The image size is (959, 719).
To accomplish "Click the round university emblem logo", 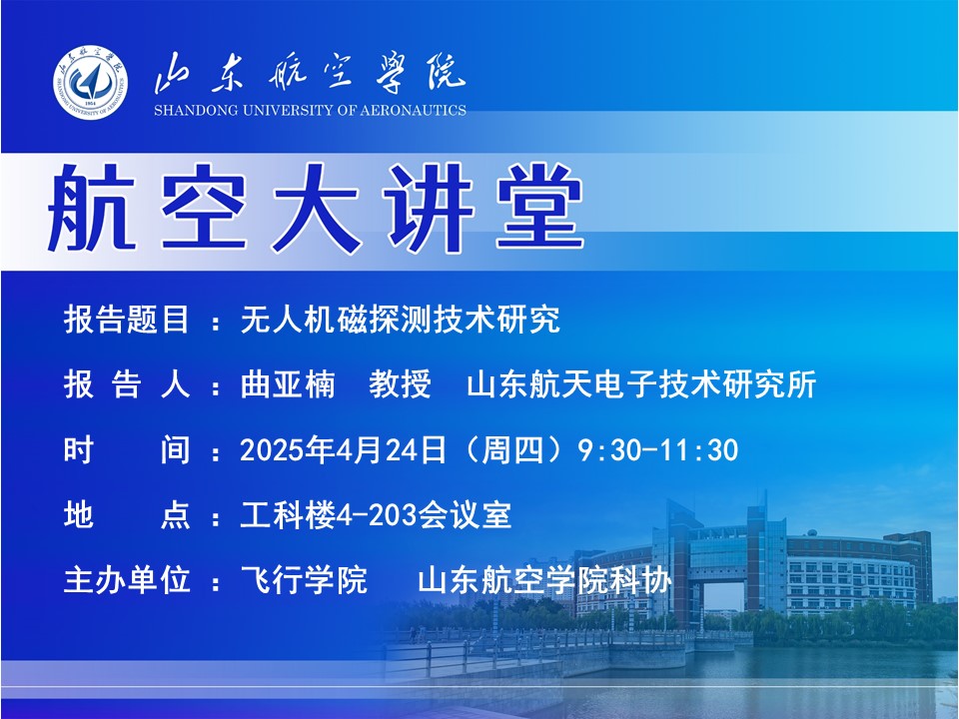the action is tap(90, 82).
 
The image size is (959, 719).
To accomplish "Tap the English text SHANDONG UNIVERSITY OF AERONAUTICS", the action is tap(310, 111).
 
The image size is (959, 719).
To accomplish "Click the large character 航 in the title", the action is tap(92, 209).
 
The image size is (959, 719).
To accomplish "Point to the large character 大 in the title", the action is tap(317, 209).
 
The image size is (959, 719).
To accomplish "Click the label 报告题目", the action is tap(126, 320).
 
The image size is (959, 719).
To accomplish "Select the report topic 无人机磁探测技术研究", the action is tap(401, 320).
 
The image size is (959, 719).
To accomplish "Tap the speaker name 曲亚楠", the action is tap(288, 384).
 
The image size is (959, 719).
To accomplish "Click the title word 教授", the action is tap(400, 384).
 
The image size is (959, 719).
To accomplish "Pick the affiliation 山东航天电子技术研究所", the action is tap(641, 384).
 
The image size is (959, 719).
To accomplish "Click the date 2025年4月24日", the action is tap(343, 450).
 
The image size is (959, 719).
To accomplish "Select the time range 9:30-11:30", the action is tap(658, 450).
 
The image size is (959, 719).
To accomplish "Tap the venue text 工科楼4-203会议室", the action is tap(376, 515).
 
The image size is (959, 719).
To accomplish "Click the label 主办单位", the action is tap(126, 580).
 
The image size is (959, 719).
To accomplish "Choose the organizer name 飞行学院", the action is tap(304, 580).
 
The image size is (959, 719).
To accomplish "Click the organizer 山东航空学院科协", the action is tap(544, 580).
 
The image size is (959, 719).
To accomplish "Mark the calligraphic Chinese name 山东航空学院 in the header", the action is tap(310, 73).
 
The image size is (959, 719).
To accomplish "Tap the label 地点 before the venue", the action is tap(126, 515).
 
